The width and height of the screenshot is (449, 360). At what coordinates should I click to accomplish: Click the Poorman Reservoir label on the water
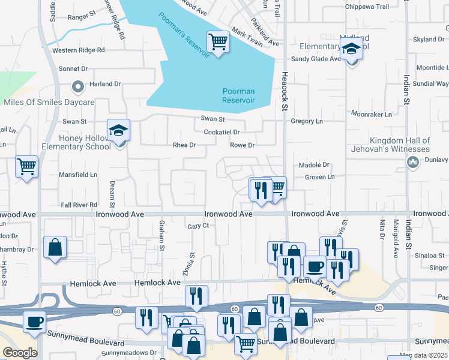(x=238, y=95)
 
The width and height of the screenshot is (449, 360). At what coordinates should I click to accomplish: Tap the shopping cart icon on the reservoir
(x=218, y=42)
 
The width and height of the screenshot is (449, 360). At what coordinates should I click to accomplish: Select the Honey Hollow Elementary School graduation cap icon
(x=119, y=130)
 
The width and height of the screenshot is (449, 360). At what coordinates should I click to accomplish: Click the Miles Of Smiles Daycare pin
(x=77, y=88)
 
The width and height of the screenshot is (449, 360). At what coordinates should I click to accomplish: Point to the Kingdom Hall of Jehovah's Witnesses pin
(x=412, y=162)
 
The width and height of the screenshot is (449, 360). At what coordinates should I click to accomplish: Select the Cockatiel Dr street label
(x=221, y=132)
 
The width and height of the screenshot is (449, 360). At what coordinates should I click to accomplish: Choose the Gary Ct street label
(x=197, y=226)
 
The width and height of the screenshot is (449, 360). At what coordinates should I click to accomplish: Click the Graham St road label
(x=161, y=235)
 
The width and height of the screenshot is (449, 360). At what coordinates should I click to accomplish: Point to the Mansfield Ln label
(x=77, y=175)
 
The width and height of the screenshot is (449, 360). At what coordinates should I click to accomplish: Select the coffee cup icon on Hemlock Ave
(x=315, y=266)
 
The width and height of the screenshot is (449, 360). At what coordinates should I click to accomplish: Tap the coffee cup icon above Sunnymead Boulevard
(x=35, y=322)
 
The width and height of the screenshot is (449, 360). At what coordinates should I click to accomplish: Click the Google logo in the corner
(x=20, y=353)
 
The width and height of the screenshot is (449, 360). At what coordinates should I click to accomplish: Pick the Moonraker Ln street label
(x=371, y=114)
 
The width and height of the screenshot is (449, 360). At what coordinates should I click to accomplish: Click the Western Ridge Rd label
(x=78, y=50)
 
